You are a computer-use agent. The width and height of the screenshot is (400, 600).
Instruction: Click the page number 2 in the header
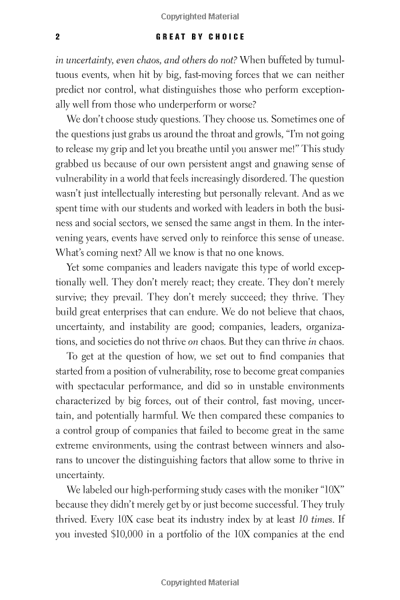59,36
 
